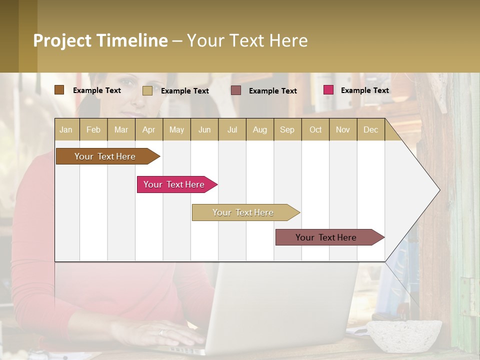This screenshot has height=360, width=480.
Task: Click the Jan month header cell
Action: (66, 129)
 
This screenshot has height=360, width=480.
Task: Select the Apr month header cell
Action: (149, 129)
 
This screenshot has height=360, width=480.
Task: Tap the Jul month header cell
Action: (232, 129)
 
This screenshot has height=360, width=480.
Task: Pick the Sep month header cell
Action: (287, 129)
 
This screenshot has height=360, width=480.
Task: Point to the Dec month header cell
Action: (370, 129)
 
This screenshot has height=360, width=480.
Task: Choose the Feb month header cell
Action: (93, 129)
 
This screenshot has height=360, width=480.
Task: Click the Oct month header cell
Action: (315, 129)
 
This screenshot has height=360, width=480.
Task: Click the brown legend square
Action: (59, 90)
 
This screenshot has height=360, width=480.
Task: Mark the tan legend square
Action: (147, 90)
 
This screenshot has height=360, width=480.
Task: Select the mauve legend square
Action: (236, 90)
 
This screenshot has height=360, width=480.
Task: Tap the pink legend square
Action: (328, 90)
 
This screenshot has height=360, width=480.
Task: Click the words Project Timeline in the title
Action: (100, 40)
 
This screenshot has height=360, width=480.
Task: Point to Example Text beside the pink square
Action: (364, 90)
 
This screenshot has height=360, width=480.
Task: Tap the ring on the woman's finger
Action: (161, 332)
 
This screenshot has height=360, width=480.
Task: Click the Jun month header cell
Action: (204, 129)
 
